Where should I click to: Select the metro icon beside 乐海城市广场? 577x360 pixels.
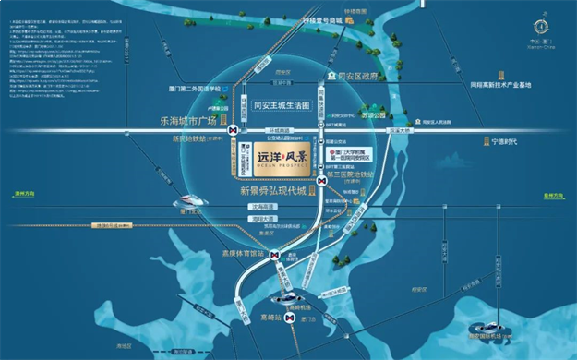pyautogui.click(x=234, y=130)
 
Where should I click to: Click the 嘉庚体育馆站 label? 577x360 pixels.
pyautogui.click(x=245, y=252)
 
